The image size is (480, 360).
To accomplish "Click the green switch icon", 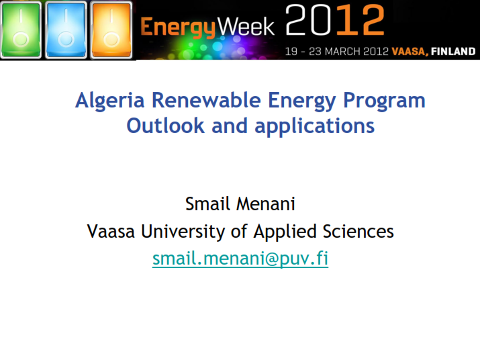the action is (21, 30).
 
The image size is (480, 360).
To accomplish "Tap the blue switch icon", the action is (66, 30).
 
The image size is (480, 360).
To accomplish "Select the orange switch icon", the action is (111, 30).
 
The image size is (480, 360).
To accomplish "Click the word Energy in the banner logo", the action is (178, 28).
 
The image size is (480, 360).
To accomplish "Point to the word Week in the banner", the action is (246, 27).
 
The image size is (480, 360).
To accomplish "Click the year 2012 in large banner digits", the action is (334, 20).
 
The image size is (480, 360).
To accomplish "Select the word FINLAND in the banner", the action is (453, 51).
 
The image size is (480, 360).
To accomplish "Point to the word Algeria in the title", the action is (109, 101).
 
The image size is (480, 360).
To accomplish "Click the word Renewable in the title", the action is (206, 100).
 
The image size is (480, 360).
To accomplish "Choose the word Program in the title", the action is (384, 101).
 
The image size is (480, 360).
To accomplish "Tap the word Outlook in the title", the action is (165, 126).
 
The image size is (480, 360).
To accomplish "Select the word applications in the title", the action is (315, 126).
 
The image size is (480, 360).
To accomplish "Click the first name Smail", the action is (207, 204).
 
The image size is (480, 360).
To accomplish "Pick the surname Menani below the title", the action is (266, 204).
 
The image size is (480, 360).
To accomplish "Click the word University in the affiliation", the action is (183, 232).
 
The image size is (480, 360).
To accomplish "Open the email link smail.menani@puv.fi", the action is (240, 259).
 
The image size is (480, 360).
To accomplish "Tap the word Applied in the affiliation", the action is (285, 232).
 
